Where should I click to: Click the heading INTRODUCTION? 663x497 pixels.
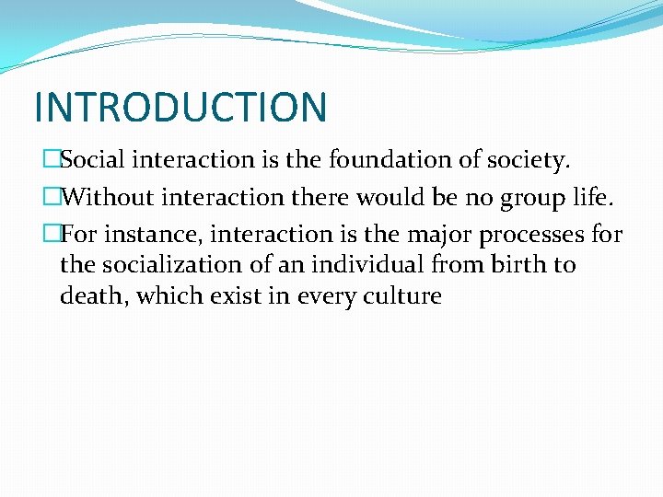click(x=180, y=107)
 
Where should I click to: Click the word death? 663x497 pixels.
click(x=93, y=296)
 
